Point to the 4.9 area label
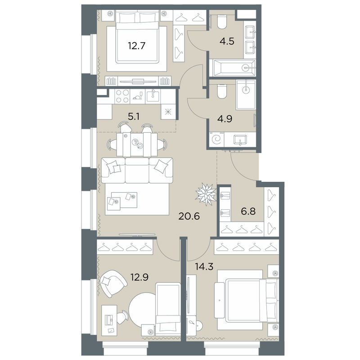pos(226,119)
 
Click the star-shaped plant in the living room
pos(206,193)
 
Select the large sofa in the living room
pos(137,170)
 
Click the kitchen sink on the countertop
pos(153,95)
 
